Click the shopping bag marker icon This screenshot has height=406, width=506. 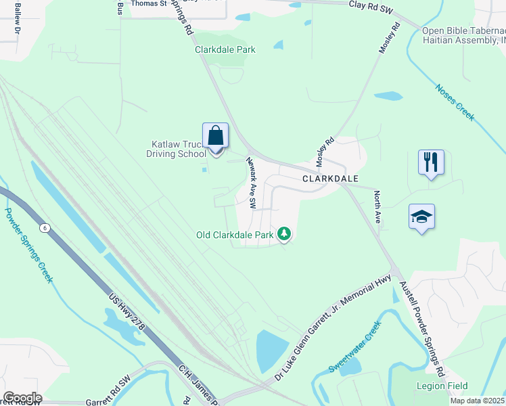pyautogui.click(x=216, y=135)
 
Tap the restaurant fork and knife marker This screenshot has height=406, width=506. pyautogui.click(x=431, y=162)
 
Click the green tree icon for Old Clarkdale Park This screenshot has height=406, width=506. pyautogui.click(x=285, y=235)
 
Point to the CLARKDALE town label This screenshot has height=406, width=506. pyautogui.click(x=329, y=179)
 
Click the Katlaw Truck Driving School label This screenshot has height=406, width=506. pyautogui.click(x=177, y=149)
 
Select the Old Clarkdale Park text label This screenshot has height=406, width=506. pyautogui.click(x=234, y=235)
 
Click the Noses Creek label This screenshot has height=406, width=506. pyautogui.click(x=455, y=102)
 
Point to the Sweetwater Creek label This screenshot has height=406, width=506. pyautogui.click(x=355, y=346)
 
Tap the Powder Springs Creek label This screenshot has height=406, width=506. pyautogui.click(x=29, y=244)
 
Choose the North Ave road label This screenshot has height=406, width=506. pyautogui.click(x=378, y=206)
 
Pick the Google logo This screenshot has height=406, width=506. pyautogui.click(x=22, y=398)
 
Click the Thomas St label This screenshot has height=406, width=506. pyautogui.click(x=149, y=3)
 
